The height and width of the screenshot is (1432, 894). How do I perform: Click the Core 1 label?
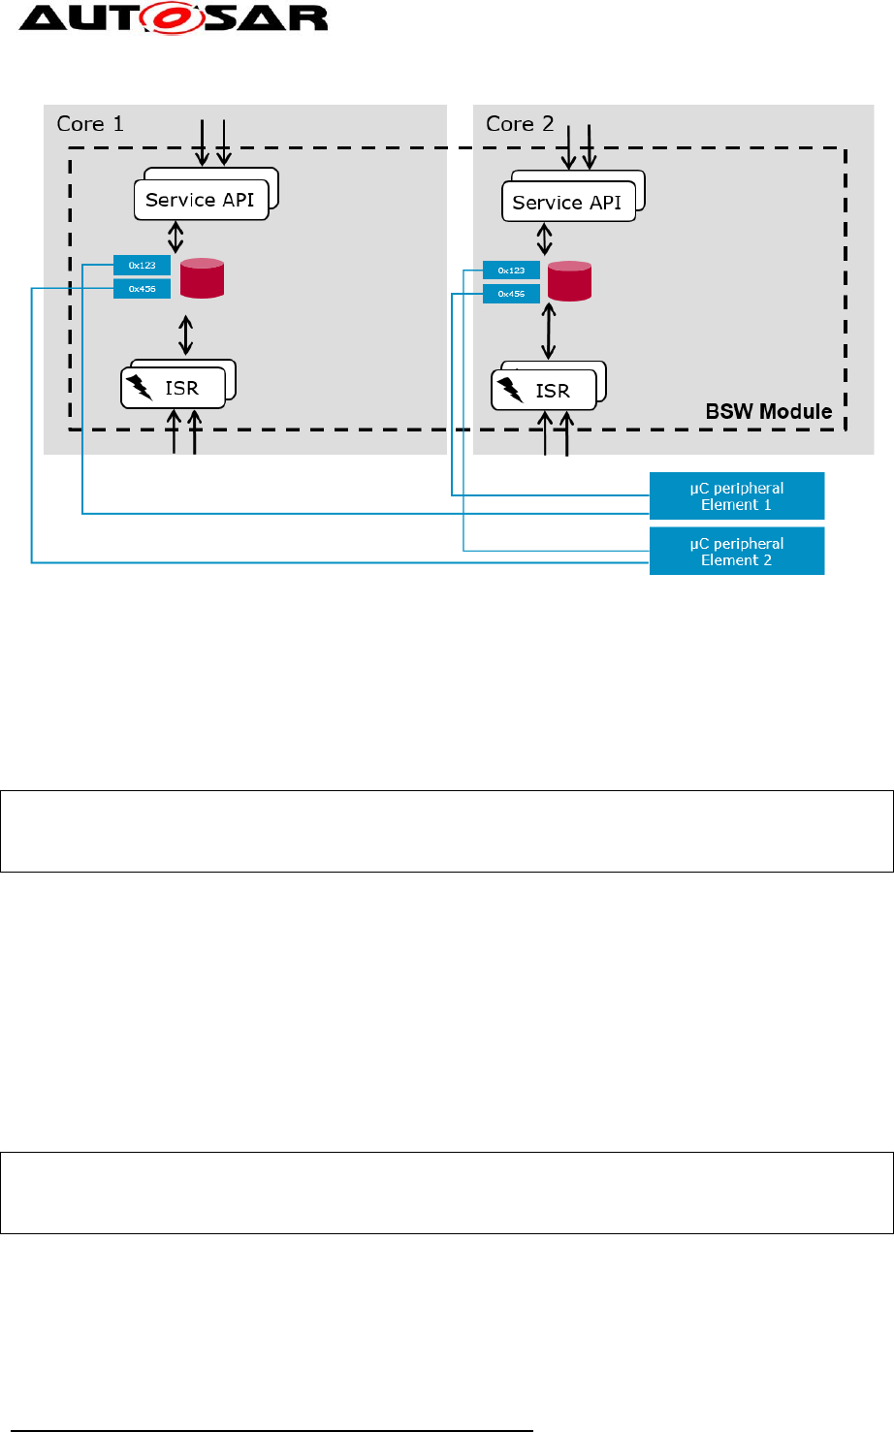tap(90, 124)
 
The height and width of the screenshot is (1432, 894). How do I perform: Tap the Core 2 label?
tap(520, 124)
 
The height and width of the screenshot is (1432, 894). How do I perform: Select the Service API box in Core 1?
tap(201, 201)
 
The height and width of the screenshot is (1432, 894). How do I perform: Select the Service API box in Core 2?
tap(567, 204)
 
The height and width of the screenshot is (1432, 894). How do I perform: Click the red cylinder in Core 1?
tap(203, 278)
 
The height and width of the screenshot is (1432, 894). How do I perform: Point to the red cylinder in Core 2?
tap(569, 281)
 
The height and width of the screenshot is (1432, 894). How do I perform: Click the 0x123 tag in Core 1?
tap(142, 265)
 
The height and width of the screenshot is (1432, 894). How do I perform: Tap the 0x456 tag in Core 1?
tap(142, 289)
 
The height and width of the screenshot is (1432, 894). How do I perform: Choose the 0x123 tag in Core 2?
tap(511, 270)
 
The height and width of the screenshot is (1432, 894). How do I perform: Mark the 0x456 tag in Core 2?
tap(511, 294)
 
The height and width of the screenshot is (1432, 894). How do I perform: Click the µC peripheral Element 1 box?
tap(736, 496)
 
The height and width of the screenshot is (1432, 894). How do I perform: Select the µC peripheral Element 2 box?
tap(736, 552)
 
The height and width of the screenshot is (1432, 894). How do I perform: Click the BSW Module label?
tap(768, 412)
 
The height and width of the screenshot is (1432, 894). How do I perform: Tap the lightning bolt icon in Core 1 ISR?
tap(140, 388)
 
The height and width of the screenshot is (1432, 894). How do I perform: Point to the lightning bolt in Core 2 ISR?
tap(510, 391)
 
